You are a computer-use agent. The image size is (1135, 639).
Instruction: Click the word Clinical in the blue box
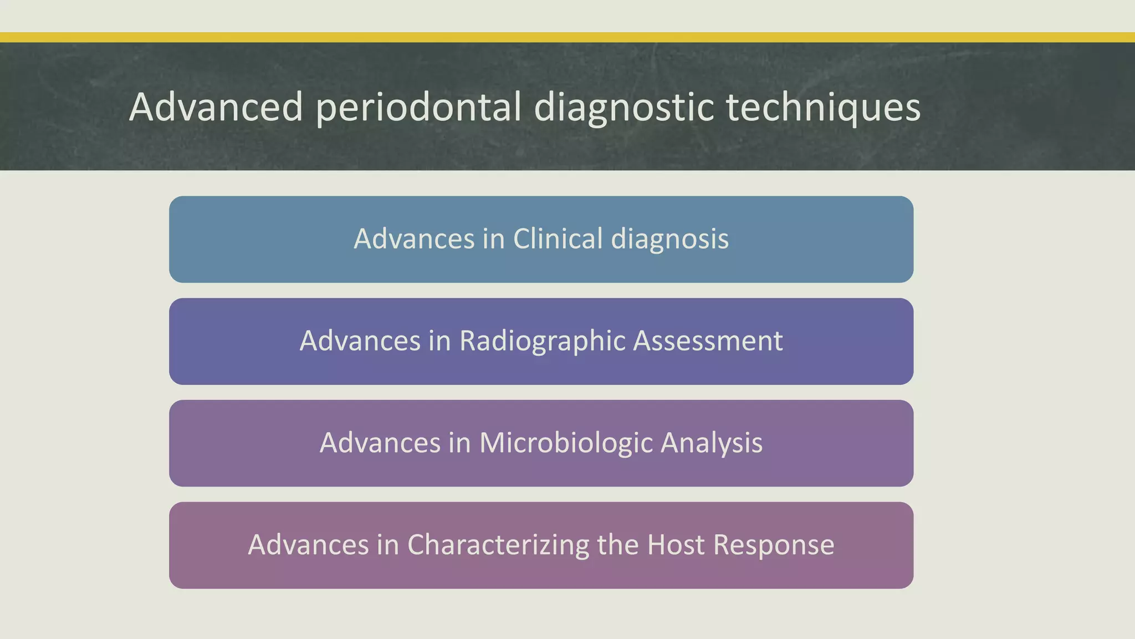tap(558, 239)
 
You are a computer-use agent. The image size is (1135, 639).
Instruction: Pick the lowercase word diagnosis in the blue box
tap(669, 239)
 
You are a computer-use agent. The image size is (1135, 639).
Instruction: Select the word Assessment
tap(708, 341)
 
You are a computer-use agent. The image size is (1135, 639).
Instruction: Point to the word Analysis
tap(712, 443)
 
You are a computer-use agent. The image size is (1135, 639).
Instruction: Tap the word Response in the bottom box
tap(774, 545)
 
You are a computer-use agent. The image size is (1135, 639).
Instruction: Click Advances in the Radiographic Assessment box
tap(360, 341)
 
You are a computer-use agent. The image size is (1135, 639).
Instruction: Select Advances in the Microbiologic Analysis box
tap(380, 443)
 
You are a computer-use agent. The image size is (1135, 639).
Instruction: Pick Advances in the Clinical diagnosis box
tap(414, 239)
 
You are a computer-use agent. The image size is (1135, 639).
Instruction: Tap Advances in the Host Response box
tap(308, 545)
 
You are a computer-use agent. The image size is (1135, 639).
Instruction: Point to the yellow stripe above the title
tap(567, 37)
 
